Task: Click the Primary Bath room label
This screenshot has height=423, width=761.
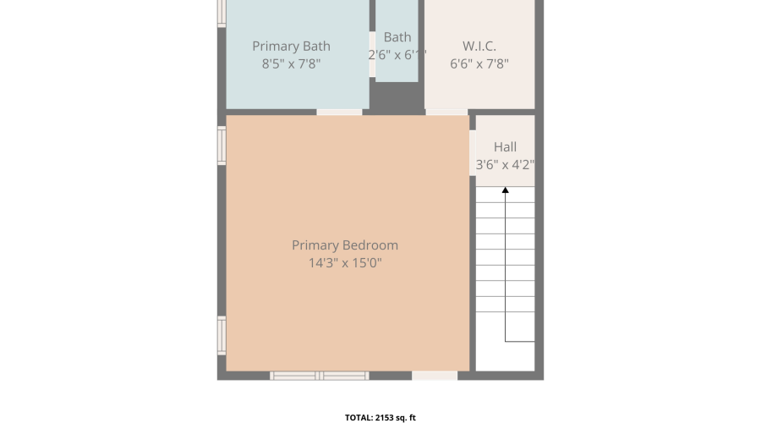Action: pyautogui.click(x=291, y=47)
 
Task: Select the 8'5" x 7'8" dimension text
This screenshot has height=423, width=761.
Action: pyautogui.click(x=291, y=63)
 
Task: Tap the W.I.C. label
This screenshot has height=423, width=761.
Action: pyautogui.click(x=479, y=47)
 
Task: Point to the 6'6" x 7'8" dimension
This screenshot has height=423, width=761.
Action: pyautogui.click(x=479, y=63)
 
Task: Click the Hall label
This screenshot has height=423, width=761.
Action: pyautogui.click(x=506, y=147)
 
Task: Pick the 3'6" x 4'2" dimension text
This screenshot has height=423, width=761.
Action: pyautogui.click(x=506, y=165)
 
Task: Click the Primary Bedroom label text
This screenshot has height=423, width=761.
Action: pyautogui.click(x=345, y=245)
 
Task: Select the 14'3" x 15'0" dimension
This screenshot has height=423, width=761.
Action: pyautogui.click(x=345, y=263)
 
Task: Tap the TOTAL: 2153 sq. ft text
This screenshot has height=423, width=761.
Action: pyautogui.click(x=380, y=418)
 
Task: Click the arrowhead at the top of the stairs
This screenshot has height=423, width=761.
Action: pyautogui.click(x=506, y=190)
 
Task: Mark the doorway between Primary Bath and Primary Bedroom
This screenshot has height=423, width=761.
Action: pyautogui.click(x=339, y=113)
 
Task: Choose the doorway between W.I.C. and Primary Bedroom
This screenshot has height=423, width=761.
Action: pyautogui.click(x=446, y=113)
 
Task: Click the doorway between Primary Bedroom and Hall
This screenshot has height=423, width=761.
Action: pyautogui.click(x=472, y=153)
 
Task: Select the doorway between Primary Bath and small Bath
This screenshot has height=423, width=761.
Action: pyautogui.click(x=372, y=54)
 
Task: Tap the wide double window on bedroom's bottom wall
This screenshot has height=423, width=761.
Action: pyautogui.click(x=320, y=376)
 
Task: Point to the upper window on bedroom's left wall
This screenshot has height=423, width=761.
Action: pyautogui.click(x=222, y=146)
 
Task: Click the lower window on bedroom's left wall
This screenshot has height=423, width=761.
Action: pyautogui.click(x=222, y=336)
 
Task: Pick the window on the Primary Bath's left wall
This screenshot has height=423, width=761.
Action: pyautogui.click(x=222, y=13)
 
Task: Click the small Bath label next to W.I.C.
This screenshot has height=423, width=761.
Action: pyautogui.click(x=397, y=37)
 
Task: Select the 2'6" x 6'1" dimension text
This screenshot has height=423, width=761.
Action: pyautogui.click(x=397, y=55)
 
